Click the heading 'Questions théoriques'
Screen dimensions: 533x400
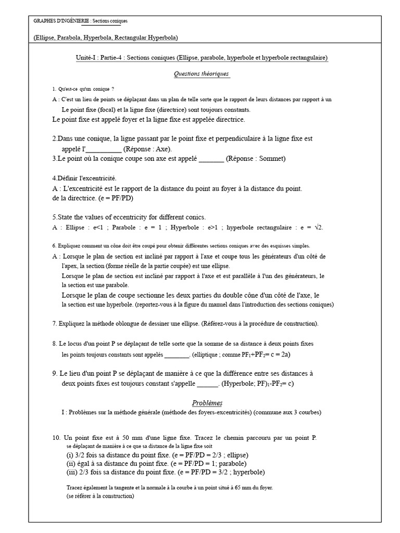tap(201, 74)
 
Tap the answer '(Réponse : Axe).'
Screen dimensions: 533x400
tap(146, 148)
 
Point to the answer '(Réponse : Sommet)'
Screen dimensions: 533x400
tap(256, 159)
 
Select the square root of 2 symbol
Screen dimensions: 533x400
tap(319, 227)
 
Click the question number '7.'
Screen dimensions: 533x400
tap(55, 324)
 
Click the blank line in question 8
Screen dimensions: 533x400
tap(177, 354)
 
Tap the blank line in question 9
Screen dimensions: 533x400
tap(208, 384)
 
